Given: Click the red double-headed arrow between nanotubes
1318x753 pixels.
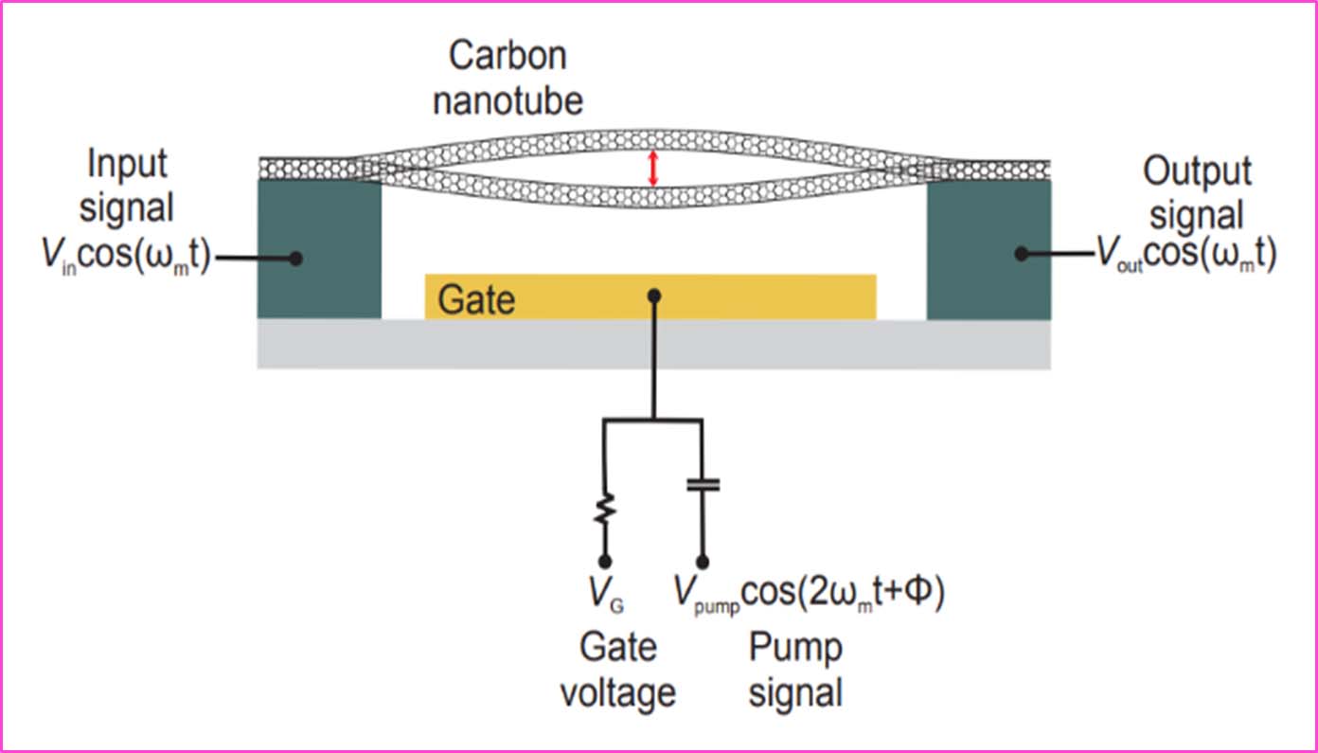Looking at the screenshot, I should click(x=651, y=170).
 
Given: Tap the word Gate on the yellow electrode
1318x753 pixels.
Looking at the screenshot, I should click(x=476, y=300).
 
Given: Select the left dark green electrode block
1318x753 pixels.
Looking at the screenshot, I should click(x=319, y=249).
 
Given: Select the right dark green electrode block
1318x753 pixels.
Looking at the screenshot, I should click(x=988, y=249).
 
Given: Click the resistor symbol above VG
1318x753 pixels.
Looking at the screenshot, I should click(x=604, y=512).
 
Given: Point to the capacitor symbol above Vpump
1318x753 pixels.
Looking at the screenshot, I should click(x=702, y=484).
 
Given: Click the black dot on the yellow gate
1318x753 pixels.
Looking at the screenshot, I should click(x=653, y=296).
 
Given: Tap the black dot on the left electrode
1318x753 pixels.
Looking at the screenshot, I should click(x=296, y=258).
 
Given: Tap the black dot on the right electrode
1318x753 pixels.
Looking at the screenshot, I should click(x=1022, y=254).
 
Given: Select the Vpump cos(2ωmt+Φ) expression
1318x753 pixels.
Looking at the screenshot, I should click(x=810, y=594).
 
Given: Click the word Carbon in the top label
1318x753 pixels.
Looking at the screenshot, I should click(x=508, y=56).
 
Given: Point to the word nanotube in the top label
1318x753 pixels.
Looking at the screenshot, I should click(x=508, y=99).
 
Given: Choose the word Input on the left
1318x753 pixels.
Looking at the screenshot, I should click(x=127, y=164).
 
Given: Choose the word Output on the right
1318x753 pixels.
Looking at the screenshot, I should click(x=1197, y=171).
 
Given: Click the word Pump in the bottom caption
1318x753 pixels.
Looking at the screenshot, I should click(x=795, y=649).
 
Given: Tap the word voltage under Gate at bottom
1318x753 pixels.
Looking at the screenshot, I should click(x=617, y=693).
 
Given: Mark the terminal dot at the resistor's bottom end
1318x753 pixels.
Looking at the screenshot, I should click(x=604, y=561).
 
